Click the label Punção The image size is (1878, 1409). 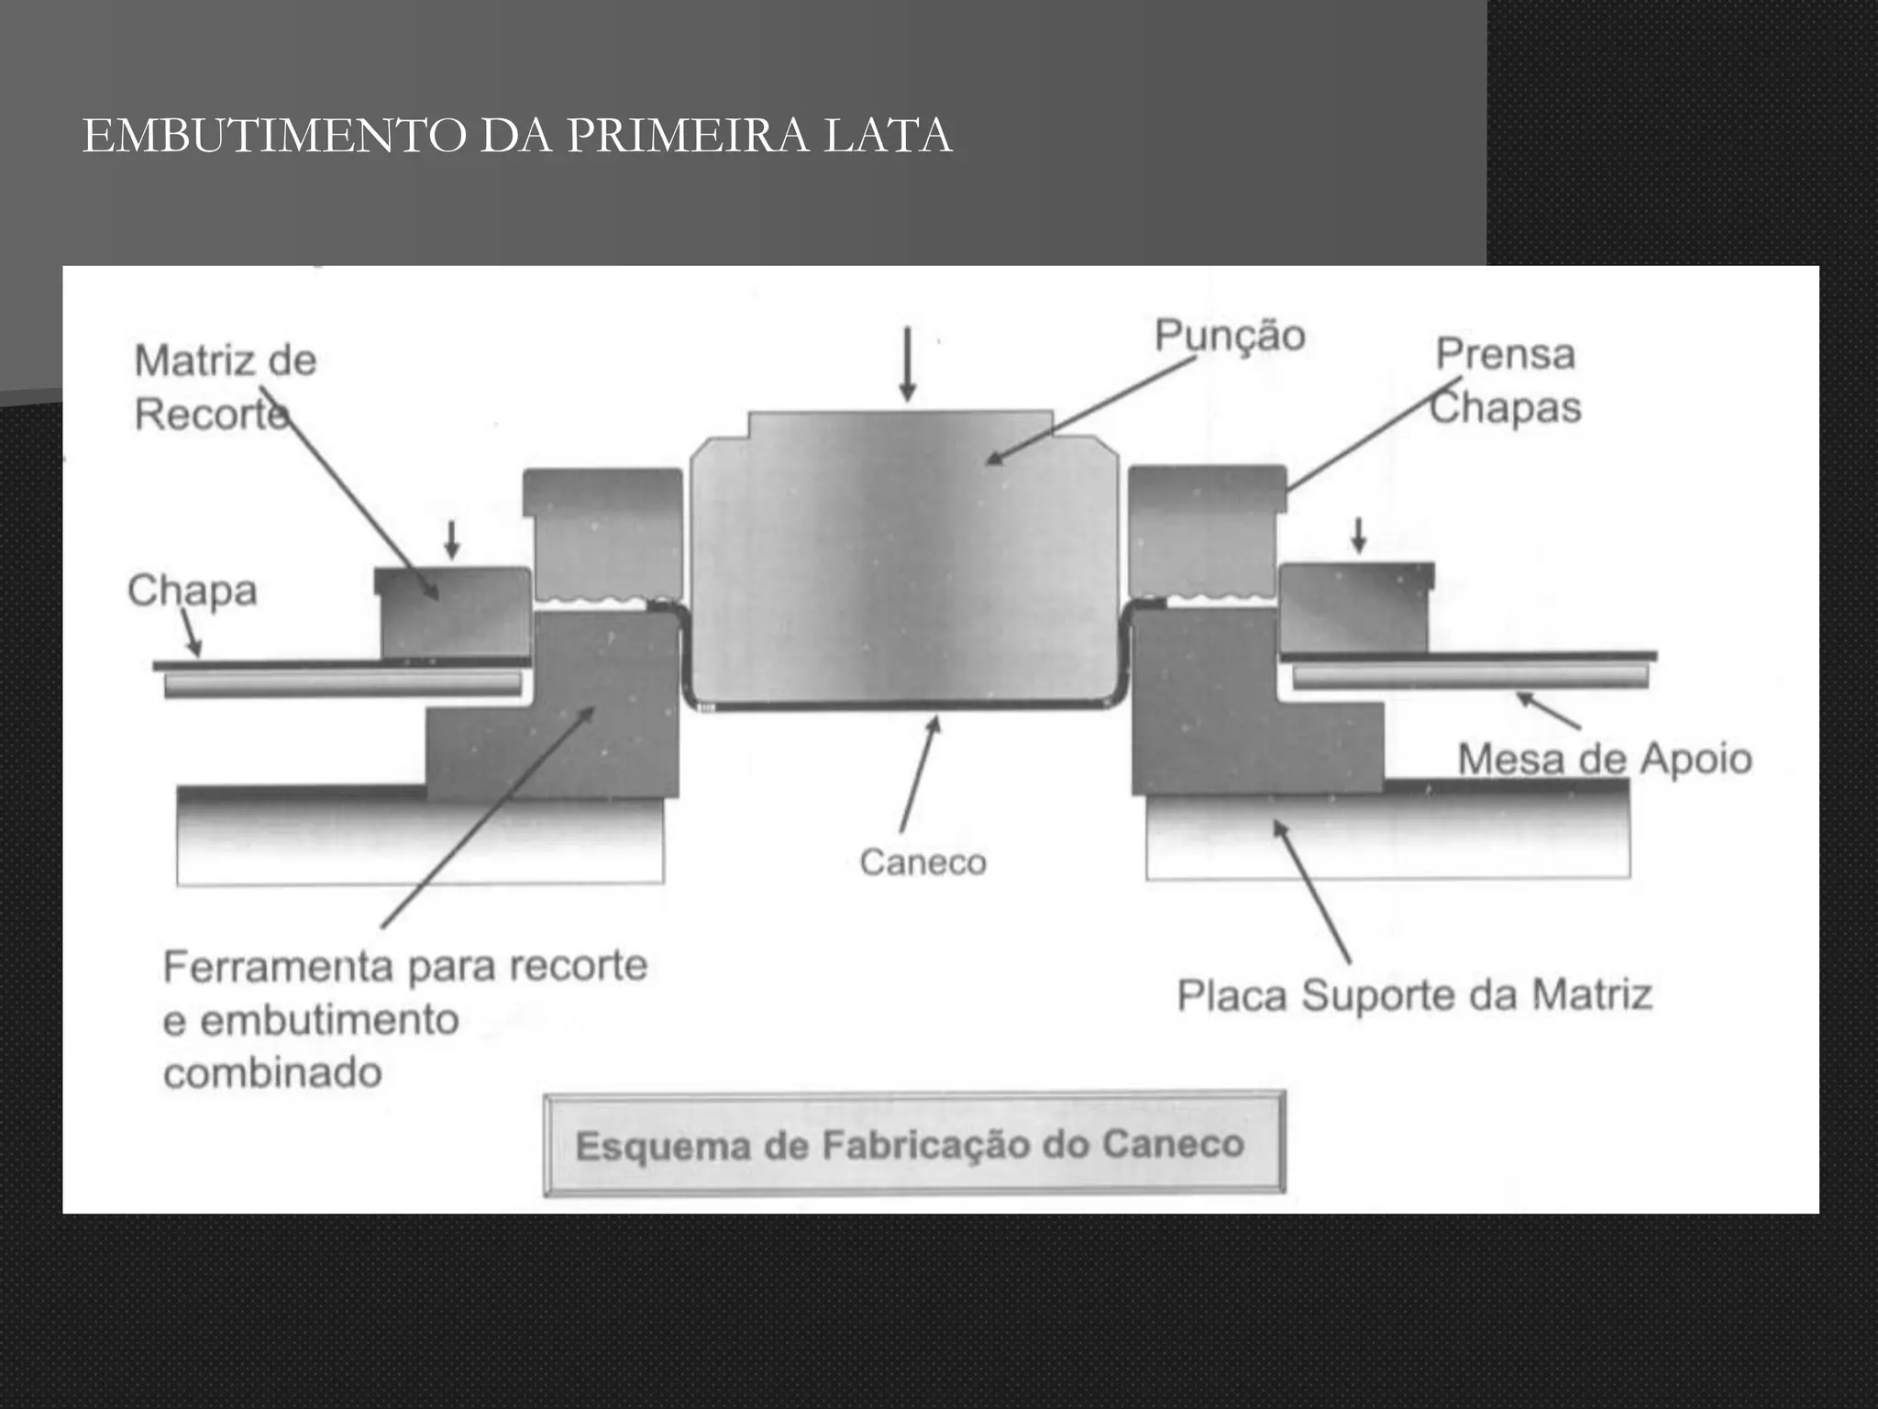click(1229, 335)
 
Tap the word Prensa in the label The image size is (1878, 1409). click(1505, 354)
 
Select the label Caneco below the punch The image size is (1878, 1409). click(922, 862)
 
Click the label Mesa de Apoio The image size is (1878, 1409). click(1604, 760)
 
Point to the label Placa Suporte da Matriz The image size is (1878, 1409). click(1414, 995)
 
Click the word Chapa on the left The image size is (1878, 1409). click(192, 590)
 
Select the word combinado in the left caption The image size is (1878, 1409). click(272, 1072)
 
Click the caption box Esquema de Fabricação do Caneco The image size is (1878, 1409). click(913, 1145)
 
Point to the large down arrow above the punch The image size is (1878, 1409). click(907, 363)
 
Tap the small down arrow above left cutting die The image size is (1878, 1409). click(451, 540)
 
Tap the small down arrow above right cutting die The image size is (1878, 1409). click(1358, 536)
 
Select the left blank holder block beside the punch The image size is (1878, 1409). click(603, 532)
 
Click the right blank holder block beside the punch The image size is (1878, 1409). click(1203, 530)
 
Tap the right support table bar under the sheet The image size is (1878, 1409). click(1469, 676)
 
